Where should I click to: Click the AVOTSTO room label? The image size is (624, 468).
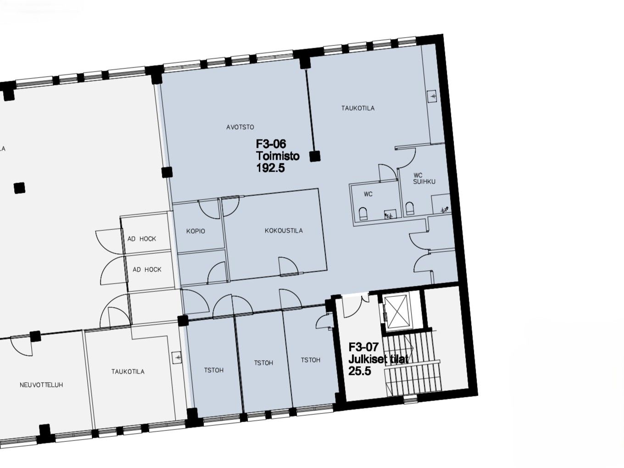240,127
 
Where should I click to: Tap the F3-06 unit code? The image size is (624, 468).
271,144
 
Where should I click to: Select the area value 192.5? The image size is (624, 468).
270,168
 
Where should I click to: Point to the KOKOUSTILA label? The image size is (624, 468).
284,230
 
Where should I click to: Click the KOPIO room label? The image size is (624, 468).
195,231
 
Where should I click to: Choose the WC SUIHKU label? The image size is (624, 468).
424,178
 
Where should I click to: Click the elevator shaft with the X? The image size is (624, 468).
396,312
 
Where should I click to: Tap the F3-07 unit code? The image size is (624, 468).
363,347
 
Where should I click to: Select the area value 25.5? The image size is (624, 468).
360,371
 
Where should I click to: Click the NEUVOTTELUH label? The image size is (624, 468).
41,385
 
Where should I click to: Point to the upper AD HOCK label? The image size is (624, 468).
142,239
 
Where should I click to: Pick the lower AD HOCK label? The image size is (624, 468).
147,269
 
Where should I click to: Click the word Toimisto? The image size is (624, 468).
278,156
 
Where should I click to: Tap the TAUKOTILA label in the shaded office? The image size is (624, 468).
358,108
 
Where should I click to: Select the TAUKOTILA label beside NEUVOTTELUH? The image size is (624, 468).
128,371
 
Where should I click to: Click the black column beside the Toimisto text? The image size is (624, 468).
315,156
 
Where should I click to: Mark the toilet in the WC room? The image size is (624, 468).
363,214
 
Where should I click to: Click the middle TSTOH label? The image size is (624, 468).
263,363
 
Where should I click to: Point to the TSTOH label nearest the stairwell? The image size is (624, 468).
311,360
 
